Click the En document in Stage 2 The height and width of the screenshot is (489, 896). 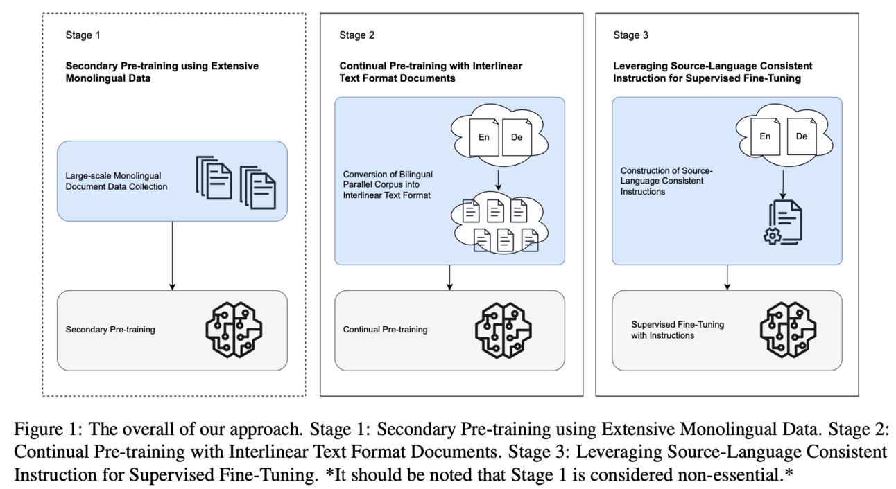(483, 136)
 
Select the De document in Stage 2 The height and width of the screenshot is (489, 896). (517, 136)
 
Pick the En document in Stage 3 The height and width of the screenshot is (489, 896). (765, 136)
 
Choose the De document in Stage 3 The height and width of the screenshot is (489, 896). (802, 136)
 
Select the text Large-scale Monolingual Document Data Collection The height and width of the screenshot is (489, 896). (117, 181)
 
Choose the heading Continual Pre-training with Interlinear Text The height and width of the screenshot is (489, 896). (431, 72)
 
